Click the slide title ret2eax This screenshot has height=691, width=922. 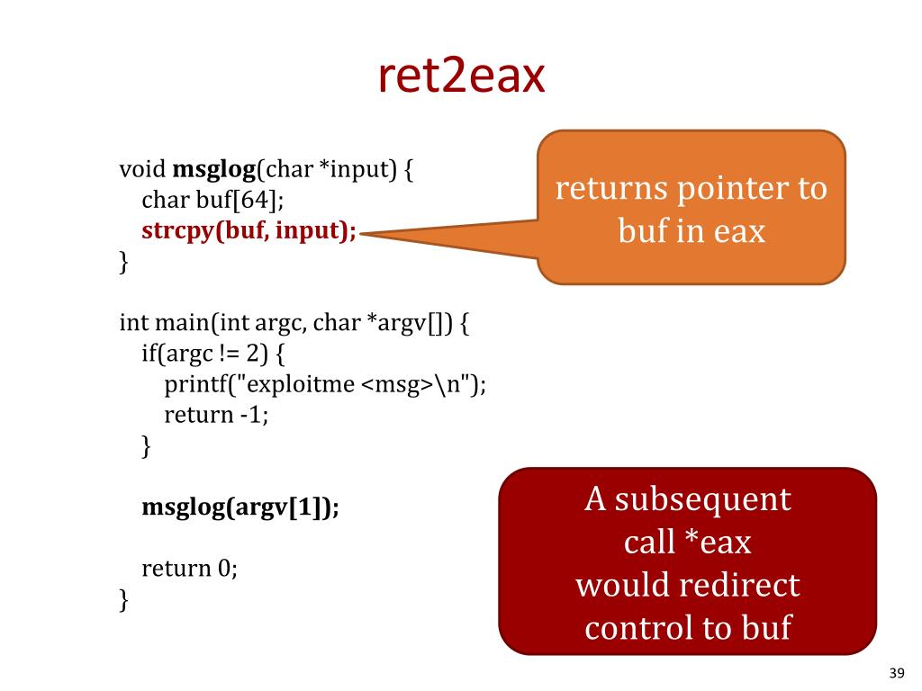[461, 76]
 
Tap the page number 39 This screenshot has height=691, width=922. [896, 673]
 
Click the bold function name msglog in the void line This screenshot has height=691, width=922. [214, 169]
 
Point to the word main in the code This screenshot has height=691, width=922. [172, 322]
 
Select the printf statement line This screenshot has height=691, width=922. [325, 384]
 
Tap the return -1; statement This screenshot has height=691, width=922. [217, 415]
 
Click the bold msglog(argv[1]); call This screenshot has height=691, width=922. [240, 507]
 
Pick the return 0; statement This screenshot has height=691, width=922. [190, 569]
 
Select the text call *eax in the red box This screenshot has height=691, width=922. [688, 542]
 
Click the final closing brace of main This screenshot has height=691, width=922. [124, 599]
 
